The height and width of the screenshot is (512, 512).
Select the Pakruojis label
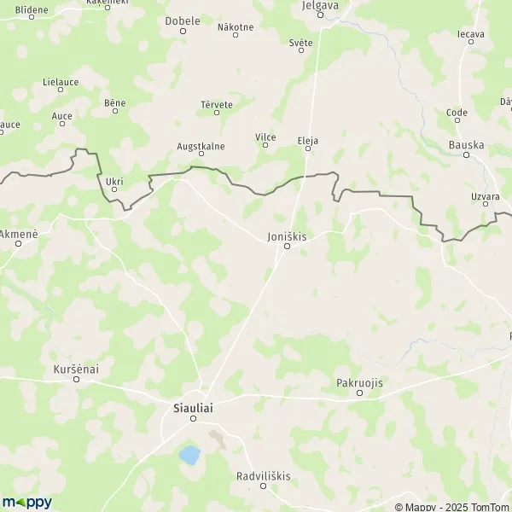(359, 383)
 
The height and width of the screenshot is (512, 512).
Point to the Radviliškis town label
(263, 476)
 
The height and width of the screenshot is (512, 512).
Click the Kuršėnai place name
(76, 369)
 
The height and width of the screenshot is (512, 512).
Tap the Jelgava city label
(321, 5)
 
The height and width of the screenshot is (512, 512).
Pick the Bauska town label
(466, 145)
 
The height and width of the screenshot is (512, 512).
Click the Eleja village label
(307, 140)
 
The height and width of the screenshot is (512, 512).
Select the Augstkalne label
(201, 146)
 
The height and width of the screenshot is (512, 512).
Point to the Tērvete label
(217, 104)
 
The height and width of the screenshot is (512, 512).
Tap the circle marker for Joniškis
(288, 247)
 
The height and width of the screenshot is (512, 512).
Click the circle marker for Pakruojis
(359, 393)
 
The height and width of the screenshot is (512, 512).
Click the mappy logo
(26, 503)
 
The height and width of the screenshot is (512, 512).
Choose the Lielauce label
(60, 83)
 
